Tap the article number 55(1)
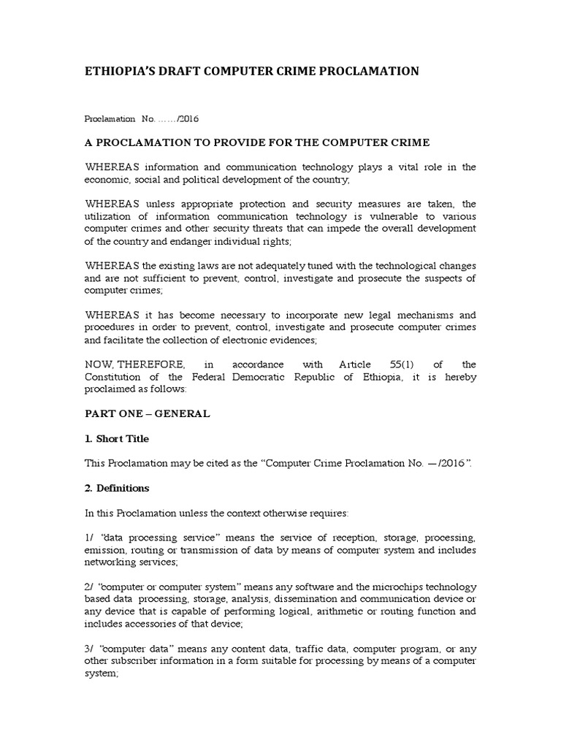386,364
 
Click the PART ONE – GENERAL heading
148,413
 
